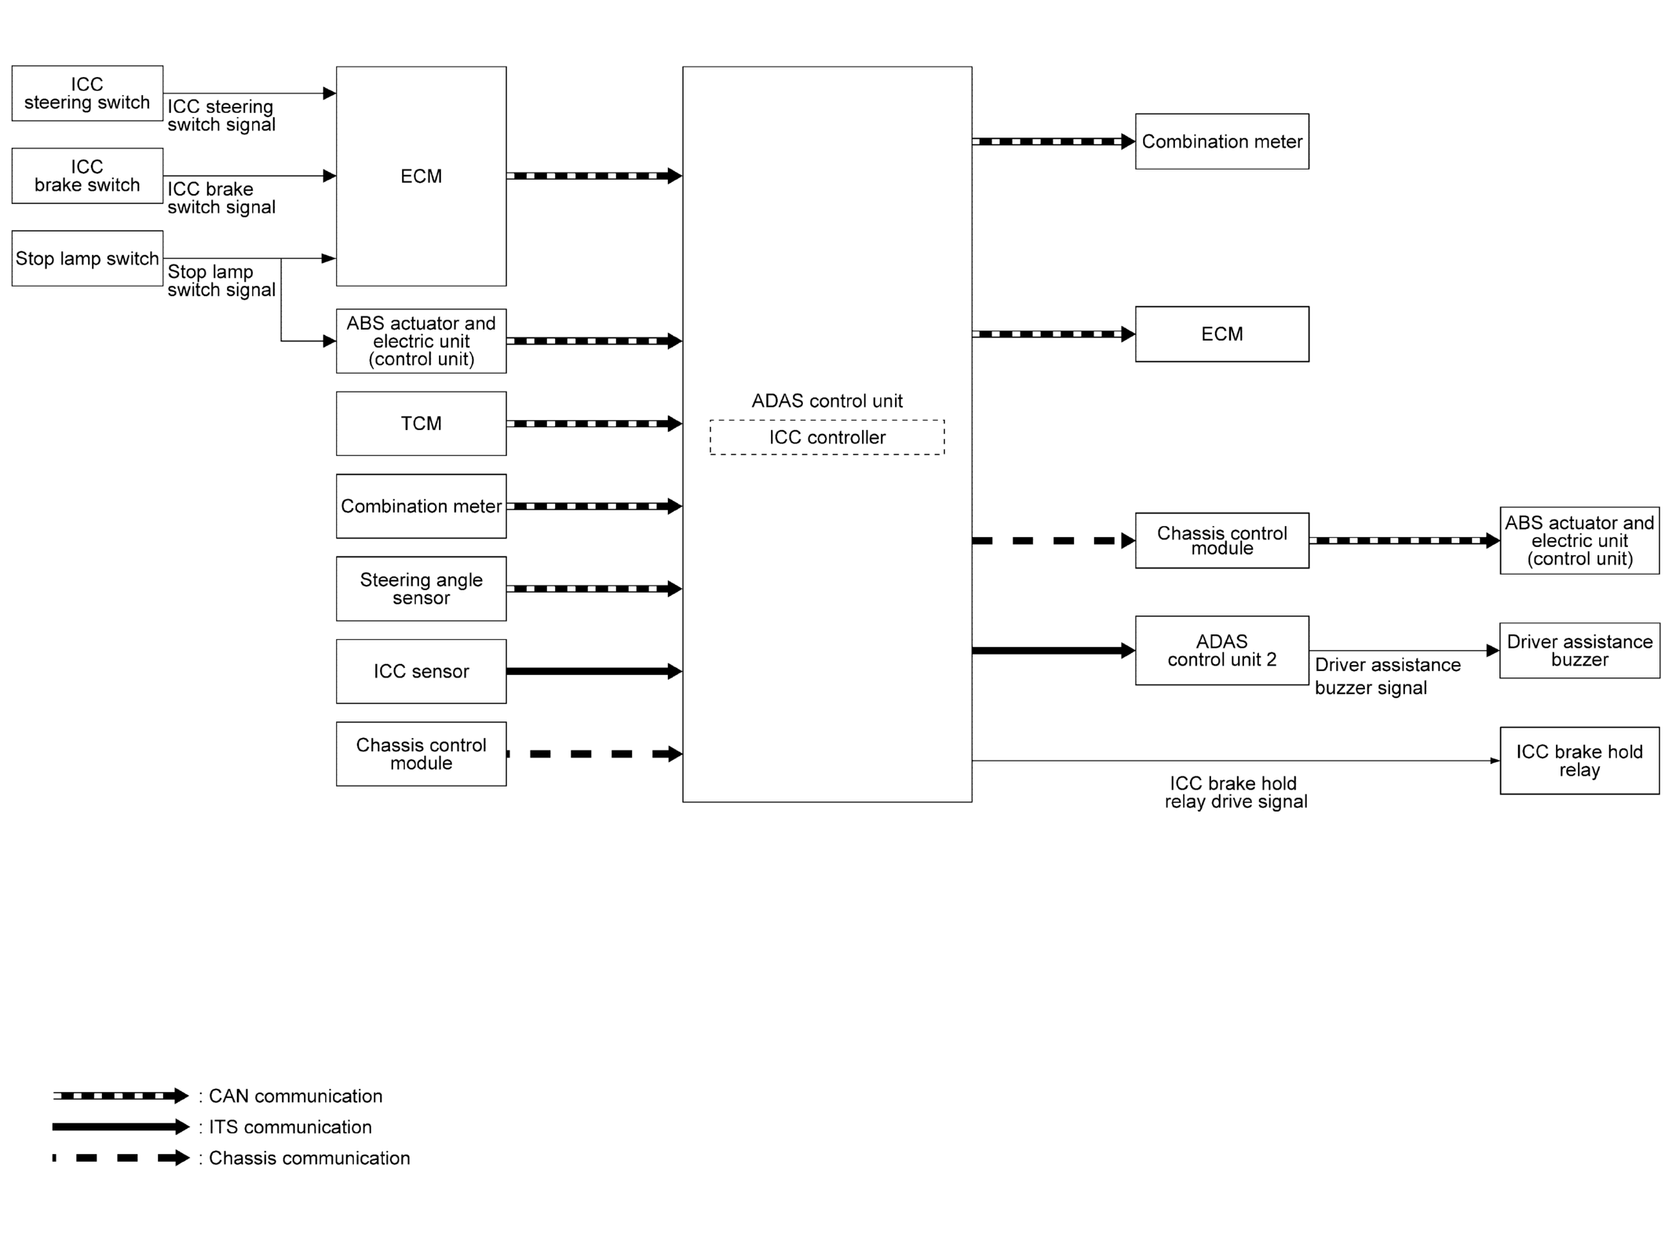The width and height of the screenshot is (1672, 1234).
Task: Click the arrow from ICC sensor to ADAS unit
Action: coord(594,671)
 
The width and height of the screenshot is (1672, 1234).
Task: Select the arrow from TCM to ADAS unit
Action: coord(594,424)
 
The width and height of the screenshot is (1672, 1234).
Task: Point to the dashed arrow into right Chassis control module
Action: coord(1053,541)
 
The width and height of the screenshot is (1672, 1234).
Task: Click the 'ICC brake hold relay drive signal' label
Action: coord(1236,792)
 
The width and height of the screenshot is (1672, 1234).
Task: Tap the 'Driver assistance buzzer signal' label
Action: coord(1388,676)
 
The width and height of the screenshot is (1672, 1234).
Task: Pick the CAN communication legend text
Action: coord(296,1096)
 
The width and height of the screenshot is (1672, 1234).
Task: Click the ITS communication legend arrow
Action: coord(121,1127)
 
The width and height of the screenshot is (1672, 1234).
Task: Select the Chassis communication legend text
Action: coord(309,1158)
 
